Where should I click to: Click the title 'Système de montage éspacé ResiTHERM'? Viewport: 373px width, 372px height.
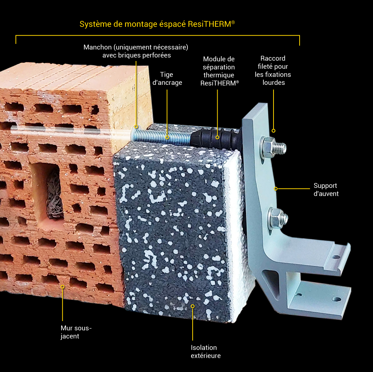click(157, 24)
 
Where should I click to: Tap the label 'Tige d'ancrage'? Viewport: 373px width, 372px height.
click(167, 78)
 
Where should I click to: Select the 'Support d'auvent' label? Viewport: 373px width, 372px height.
click(326, 190)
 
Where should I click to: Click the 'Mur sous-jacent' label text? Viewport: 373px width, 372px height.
click(76, 332)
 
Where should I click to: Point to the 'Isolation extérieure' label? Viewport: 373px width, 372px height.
click(206, 352)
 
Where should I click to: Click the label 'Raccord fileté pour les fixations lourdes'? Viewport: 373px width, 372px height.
click(273, 70)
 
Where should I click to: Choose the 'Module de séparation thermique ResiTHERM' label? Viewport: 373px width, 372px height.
click(219, 71)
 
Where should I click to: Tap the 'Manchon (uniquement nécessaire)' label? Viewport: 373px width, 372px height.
click(136, 47)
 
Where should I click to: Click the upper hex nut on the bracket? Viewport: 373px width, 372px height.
click(268, 148)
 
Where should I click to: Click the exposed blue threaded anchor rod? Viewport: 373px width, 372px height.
click(161, 137)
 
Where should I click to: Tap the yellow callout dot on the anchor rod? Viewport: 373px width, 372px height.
click(167, 137)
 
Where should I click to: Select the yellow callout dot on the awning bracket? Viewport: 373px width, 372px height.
click(275, 189)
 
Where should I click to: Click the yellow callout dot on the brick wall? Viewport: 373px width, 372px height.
click(62, 287)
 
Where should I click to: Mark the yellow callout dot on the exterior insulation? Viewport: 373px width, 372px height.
click(192, 306)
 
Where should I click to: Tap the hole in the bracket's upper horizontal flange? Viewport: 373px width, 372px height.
click(336, 257)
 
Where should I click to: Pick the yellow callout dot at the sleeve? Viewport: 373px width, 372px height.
click(136, 126)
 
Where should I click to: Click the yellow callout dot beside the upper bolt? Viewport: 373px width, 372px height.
click(274, 131)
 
